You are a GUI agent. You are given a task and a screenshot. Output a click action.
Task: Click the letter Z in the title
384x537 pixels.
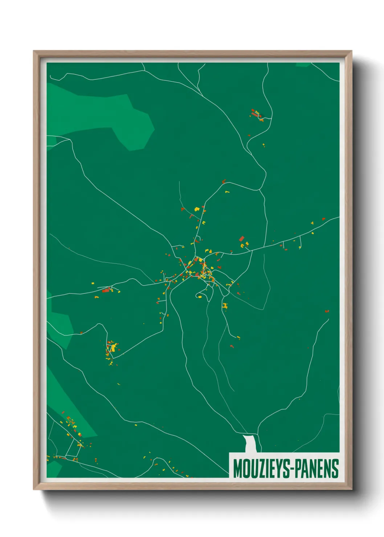click(x=258, y=469)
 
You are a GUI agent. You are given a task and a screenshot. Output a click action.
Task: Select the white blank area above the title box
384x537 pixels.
click(x=250, y=443)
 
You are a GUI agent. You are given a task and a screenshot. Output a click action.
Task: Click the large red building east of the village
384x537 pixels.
click(x=241, y=238)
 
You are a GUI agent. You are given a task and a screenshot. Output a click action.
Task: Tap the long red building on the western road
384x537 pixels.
click(x=106, y=290)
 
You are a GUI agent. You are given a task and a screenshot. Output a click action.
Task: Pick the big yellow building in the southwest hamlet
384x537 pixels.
click(x=114, y=348)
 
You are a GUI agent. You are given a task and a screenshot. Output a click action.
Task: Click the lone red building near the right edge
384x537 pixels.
click(x=327, y=311)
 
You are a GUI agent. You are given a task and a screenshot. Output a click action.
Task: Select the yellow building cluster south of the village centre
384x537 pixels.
click(x=225, y=306)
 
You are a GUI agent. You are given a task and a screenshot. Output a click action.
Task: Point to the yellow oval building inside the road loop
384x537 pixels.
click(x=200, y=297)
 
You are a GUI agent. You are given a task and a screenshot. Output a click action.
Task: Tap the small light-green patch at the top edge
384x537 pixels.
click(x=303, y=65)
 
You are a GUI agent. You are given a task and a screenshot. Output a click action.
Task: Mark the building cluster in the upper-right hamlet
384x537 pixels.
click(x=257, y=114)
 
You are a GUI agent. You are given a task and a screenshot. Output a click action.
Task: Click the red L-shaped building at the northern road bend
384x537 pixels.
click(x=224, y=181)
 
